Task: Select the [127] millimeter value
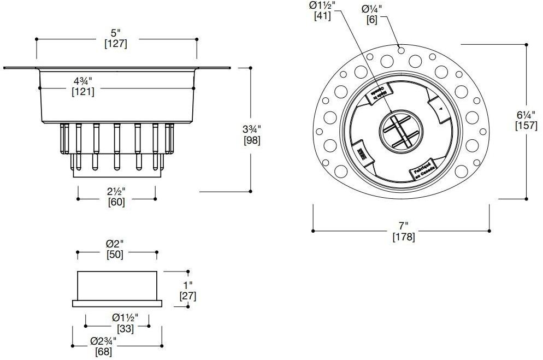tap(115, 44)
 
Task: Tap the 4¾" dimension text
tap(83, 81)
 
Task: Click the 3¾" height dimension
tap(251, 129)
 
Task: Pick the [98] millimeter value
tap(251, 140)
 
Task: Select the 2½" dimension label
tap(116, 191)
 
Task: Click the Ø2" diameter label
tap(115, 244)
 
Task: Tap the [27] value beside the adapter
tap(188, 296)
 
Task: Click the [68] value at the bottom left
tap(103, 352)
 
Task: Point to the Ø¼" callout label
tap(372, 8)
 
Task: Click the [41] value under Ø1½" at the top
tap(322, 16)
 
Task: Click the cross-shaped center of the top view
tap(401, 130)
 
